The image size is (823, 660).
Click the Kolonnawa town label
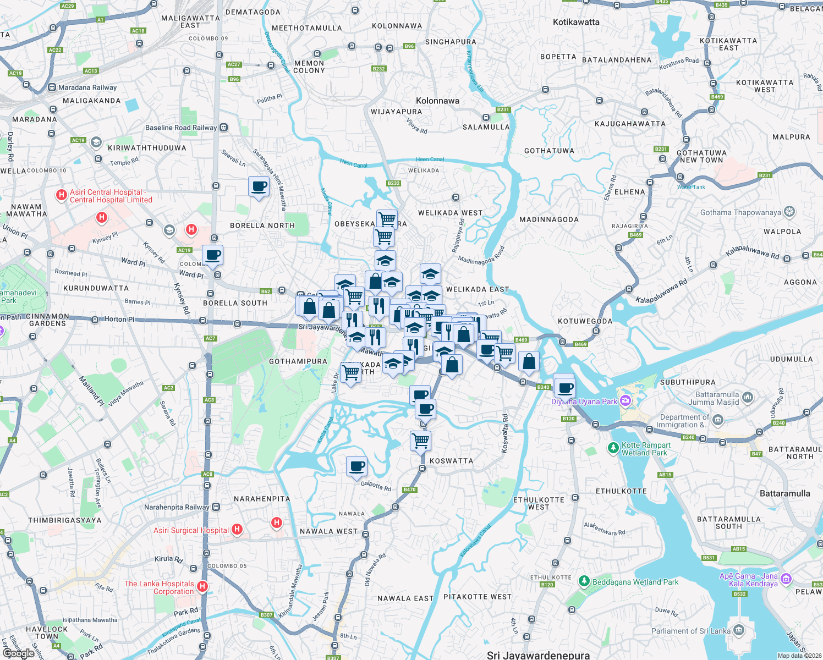pos(437,101)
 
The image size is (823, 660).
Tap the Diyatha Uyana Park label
pos(584,402)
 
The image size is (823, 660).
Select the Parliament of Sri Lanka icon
pos(739,630)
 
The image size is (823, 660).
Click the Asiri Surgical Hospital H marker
pos(237,530)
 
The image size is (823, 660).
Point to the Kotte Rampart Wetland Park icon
pos(613,448)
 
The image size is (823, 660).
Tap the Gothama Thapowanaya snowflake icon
pos(789,212)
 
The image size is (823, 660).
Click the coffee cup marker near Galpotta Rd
pos(356,466)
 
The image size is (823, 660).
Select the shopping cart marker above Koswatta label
pos(421,441)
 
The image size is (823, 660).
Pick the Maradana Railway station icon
pos(52,87)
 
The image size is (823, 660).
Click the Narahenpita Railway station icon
pos(216,507)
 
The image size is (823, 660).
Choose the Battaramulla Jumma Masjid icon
pos(747,397)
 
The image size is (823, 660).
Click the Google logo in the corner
pos(18,653)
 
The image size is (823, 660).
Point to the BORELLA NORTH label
pos(262,226)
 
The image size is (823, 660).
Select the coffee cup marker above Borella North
pos(259,186)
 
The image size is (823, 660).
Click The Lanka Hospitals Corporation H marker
pos(202,587)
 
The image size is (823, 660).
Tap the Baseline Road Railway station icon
pos(224,128)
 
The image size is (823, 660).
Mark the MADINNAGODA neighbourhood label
pos(548,219)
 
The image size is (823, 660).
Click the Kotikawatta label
pos(576,22)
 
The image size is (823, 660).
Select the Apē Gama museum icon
pos(786,579)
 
